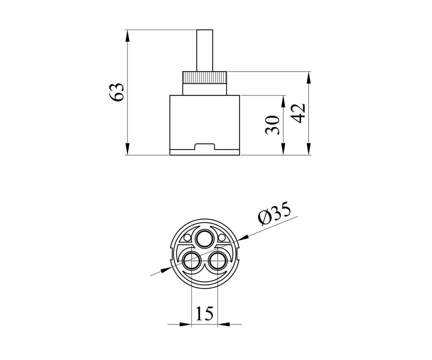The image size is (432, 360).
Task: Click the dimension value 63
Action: pos(116,92)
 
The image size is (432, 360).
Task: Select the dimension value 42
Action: pos(298,113)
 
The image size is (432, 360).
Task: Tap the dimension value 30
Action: pos(272,125)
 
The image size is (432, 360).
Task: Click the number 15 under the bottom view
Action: pos(204,313)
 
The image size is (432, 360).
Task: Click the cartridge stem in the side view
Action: pos(204,50)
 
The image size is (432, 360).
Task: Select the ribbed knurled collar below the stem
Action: pos(204,78)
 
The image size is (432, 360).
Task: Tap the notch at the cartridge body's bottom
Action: pos(204,147)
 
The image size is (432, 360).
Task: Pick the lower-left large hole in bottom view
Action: pos(192,261)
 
